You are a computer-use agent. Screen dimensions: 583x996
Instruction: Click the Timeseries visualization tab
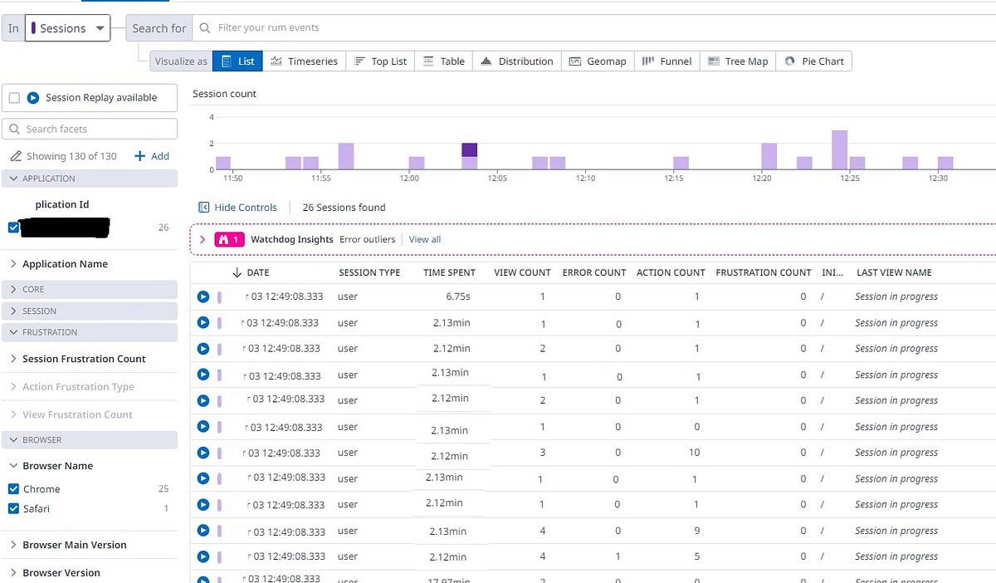pos(304,61)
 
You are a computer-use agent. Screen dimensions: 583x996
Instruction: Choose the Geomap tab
pos(598,61)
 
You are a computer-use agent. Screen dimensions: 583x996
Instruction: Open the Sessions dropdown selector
pos(67,28)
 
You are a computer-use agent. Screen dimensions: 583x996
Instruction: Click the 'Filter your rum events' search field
pos(581,28)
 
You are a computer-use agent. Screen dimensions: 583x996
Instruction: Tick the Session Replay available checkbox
pos(14,98)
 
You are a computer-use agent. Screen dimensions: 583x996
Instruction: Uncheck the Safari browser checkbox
pos(13,508)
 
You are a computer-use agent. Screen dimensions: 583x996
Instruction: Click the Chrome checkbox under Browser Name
pos(13,489)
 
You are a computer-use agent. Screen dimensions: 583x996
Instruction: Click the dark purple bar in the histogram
pos(470,150)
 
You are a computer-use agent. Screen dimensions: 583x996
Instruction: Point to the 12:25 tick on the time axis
pos(850,178)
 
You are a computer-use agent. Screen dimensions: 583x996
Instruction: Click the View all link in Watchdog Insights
pos(425,239)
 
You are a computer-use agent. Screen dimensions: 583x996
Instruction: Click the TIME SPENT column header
pos(449,272)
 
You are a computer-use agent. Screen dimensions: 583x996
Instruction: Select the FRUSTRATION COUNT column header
pos(763,272)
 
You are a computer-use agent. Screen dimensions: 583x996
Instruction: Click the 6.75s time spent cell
pos(458,296)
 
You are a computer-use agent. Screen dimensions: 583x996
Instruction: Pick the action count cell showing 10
pos(694,453)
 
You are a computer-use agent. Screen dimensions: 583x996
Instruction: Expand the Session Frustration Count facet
pos(84,359)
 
